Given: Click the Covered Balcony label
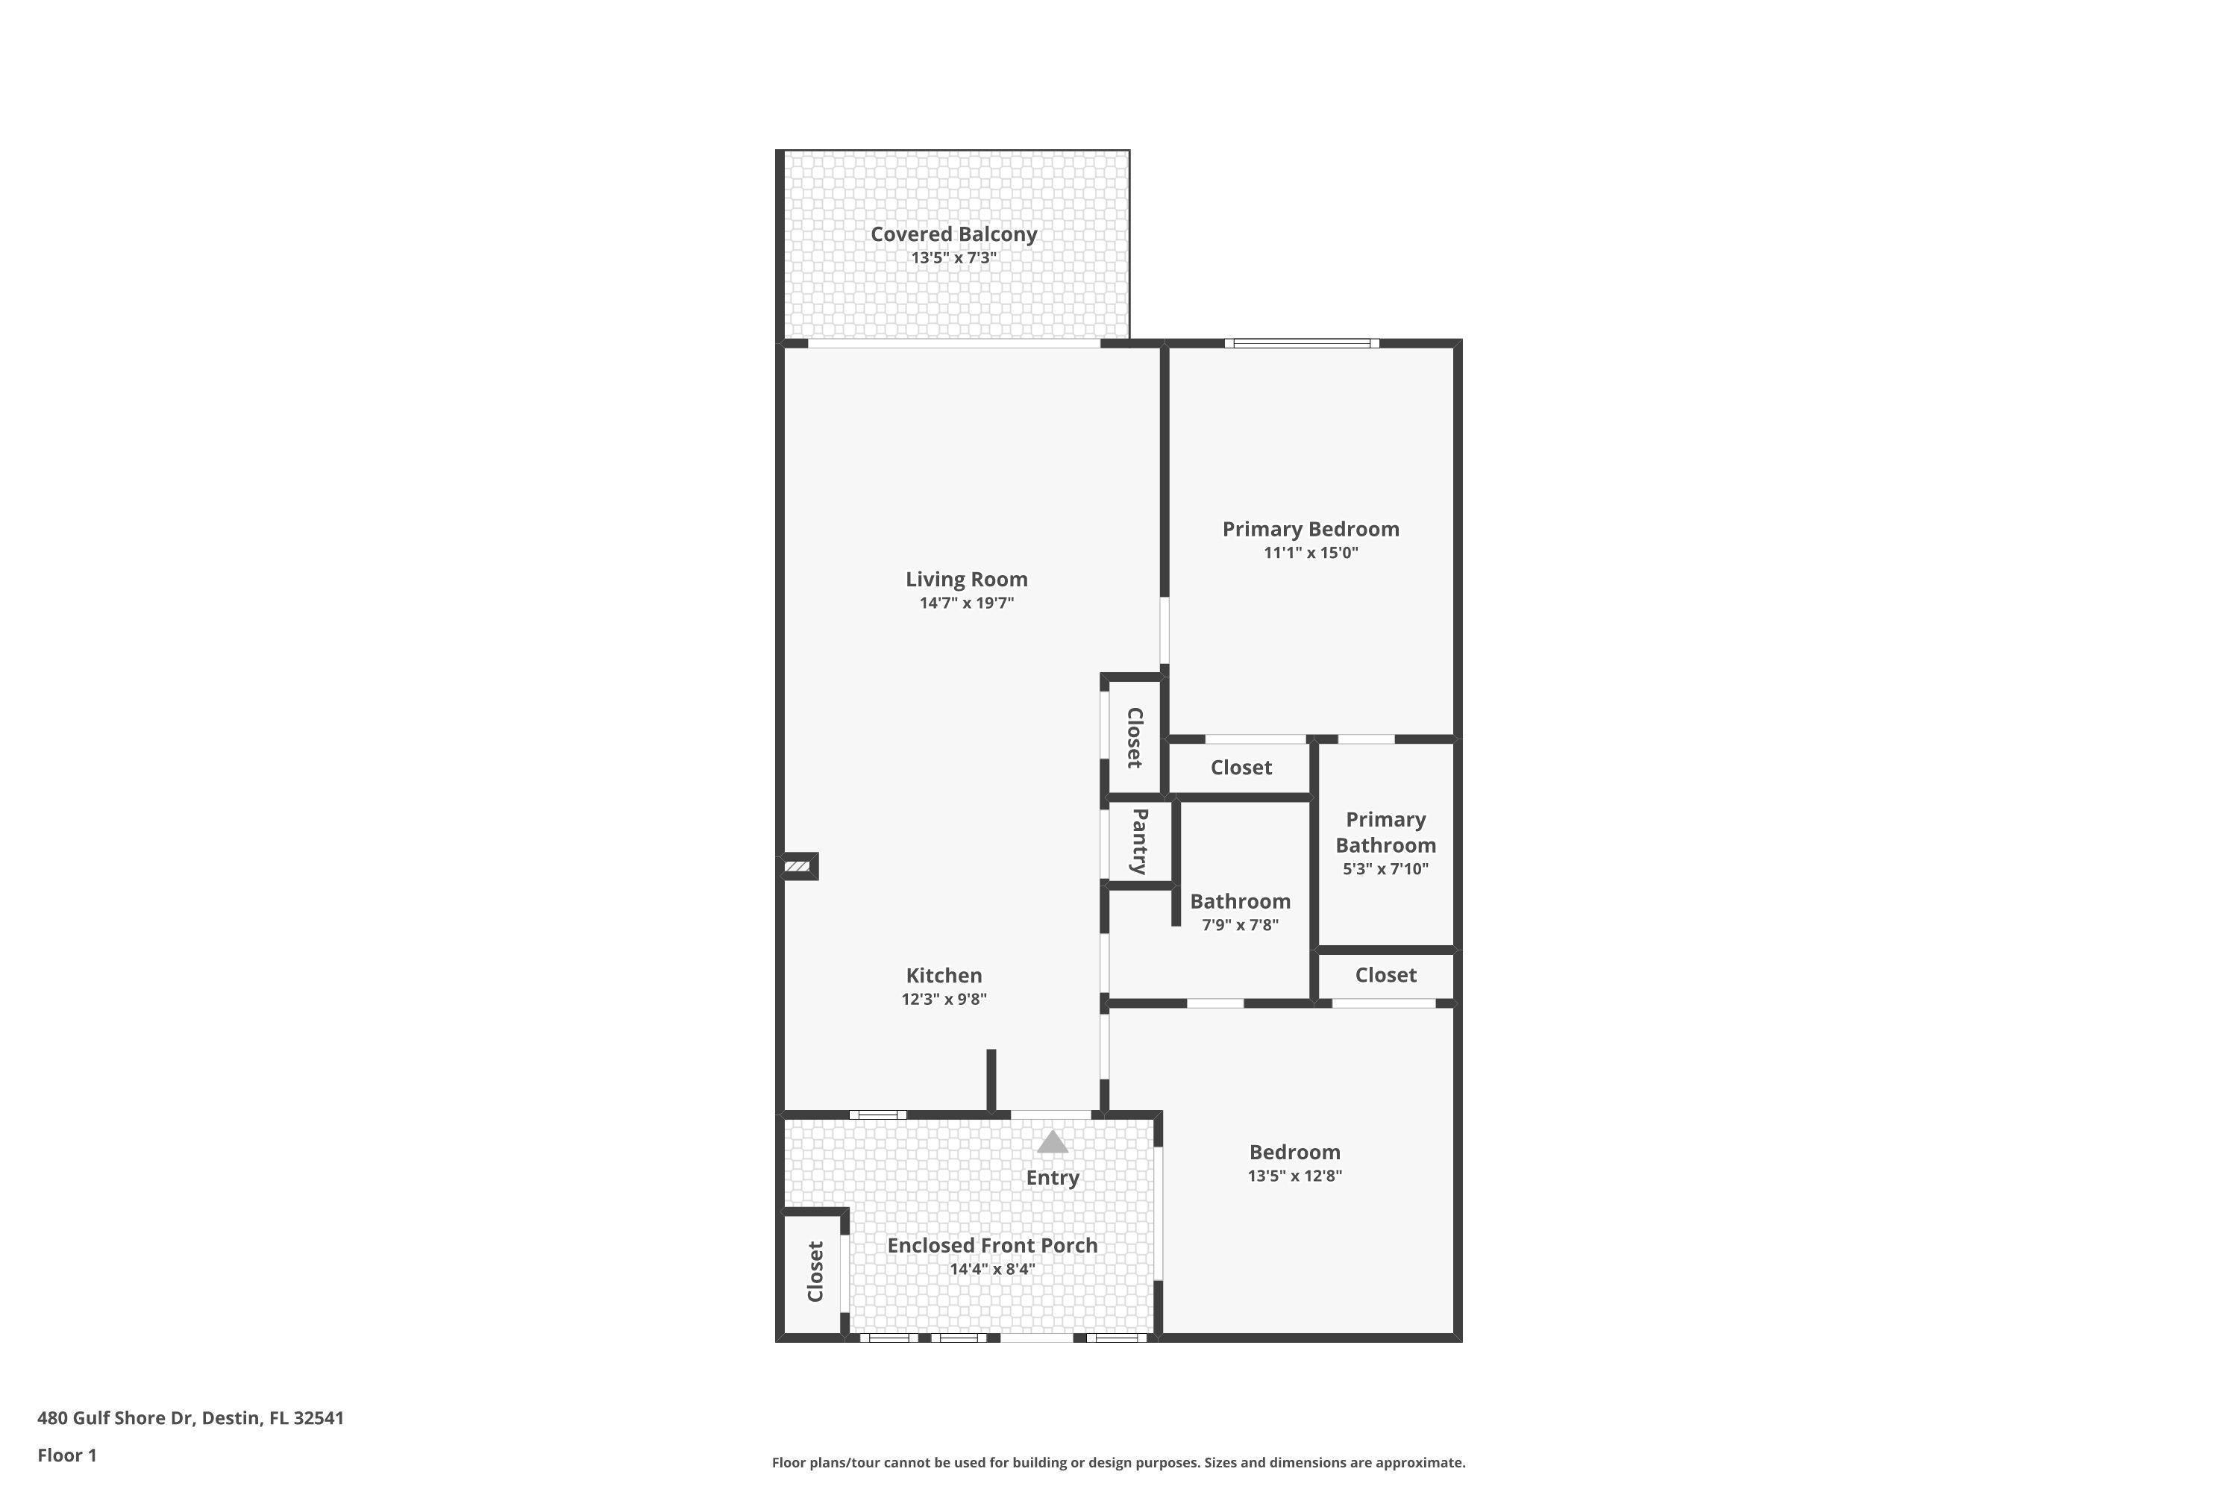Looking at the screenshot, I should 953,234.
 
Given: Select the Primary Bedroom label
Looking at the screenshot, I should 1310,529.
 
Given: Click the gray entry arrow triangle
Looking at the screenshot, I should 1051,1142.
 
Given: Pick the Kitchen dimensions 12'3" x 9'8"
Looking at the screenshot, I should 944,999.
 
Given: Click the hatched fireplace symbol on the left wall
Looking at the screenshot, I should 797,866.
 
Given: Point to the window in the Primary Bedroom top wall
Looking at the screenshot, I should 1301,343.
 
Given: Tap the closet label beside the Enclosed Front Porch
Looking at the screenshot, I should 815,1271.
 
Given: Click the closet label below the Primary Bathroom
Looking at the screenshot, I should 1385,975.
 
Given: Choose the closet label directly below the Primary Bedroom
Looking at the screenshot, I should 1241,768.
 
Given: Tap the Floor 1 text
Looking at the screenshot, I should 66,1455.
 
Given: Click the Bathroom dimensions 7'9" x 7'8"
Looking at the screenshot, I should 1240,925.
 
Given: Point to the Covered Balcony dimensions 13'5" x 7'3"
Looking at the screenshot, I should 953,258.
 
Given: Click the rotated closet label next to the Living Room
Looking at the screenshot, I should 1134,738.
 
